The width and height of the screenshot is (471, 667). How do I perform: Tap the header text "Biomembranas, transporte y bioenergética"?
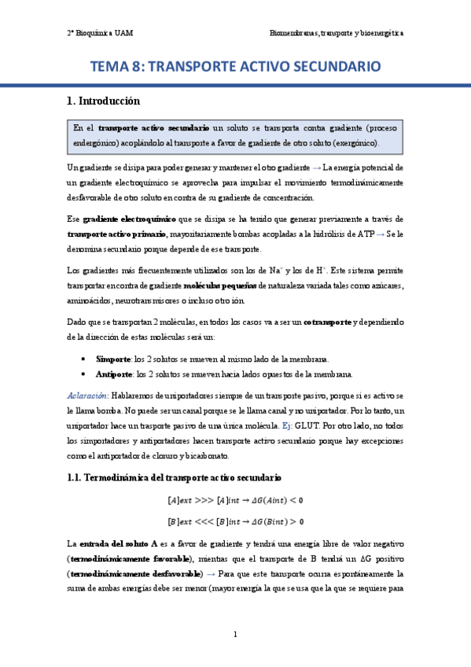337,33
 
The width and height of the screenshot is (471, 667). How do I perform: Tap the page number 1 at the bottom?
236,634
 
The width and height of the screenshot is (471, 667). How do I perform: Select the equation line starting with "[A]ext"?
236,499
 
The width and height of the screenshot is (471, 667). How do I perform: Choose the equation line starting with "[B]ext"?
236,521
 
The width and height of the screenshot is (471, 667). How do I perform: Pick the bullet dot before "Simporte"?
84,359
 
